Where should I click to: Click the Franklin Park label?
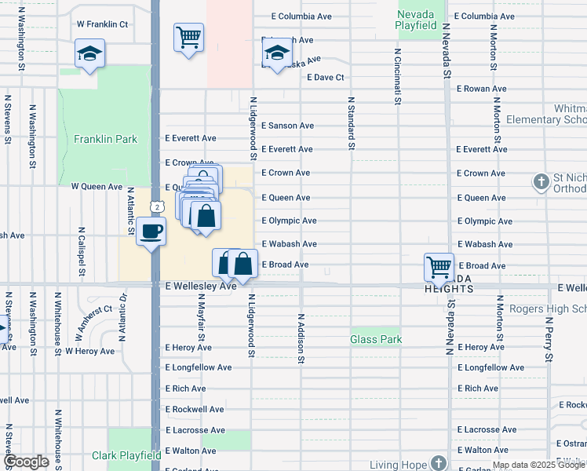[x=105, y=140]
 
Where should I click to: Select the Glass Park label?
[x=376, y=339]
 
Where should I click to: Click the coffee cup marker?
[x=151, y=232]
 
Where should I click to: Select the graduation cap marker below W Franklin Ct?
[x=89, y=54]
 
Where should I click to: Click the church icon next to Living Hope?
[x=439, y=463]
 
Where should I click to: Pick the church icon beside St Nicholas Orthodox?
[x=541, y=182]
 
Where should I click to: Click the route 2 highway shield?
[x=158, y=206]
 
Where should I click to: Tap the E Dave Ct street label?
[x=326, y=77]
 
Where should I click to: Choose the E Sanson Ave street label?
[x=287, y=126]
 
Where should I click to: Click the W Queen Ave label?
[x=97, y=187]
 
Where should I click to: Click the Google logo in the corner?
[x=26, y=462]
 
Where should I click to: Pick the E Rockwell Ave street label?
[x=195, y=409]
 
